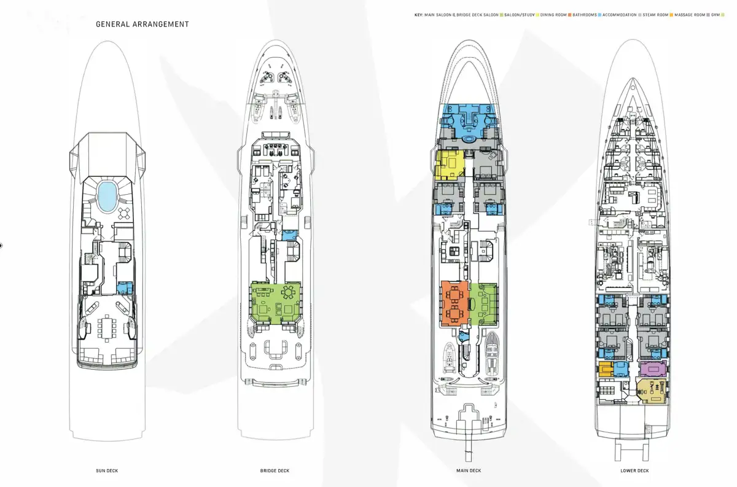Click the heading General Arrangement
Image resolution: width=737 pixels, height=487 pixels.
tap(142, 25)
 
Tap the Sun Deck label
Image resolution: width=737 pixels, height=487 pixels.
tap(107, 471)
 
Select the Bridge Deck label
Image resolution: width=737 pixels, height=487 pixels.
tap(275, 471)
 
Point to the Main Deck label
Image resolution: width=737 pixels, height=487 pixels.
tap(469, 471)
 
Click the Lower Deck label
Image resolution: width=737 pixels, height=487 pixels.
tap(634, 471)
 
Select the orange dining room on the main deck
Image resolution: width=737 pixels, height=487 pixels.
tap(455, 303)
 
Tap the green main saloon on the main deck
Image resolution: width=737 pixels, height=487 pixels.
tap(484, 303)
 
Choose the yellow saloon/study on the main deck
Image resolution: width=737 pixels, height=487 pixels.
tap(449, 164)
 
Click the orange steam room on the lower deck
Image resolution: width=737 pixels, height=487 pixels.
tap(606, 368)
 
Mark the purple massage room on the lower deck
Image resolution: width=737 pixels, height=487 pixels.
tap(653, 368)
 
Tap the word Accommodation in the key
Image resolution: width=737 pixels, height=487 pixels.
tap(620, 14)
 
